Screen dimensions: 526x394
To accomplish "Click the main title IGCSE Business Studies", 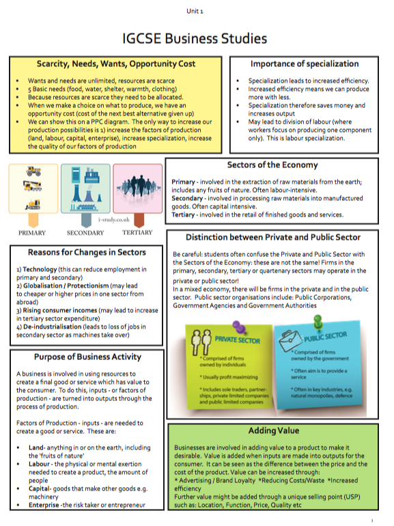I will (x=195, y=38).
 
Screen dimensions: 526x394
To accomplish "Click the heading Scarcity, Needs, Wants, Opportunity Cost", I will (x=115, y=64).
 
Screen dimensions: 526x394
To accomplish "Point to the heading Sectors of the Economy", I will (x=273, y=165).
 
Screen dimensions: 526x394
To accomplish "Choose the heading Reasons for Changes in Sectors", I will (x=87, y=252).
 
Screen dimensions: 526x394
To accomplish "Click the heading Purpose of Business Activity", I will (x=87, y=357).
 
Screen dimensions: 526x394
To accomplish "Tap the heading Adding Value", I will (x=273, y=431).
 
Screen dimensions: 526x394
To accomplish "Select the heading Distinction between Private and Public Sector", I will (x=273, y=238).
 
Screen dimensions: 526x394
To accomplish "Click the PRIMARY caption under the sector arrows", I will (x=32, y=232).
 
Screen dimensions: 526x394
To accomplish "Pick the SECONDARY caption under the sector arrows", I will (x=85, y=232).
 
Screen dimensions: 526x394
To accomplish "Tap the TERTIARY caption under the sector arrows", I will (x=139, y=232).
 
